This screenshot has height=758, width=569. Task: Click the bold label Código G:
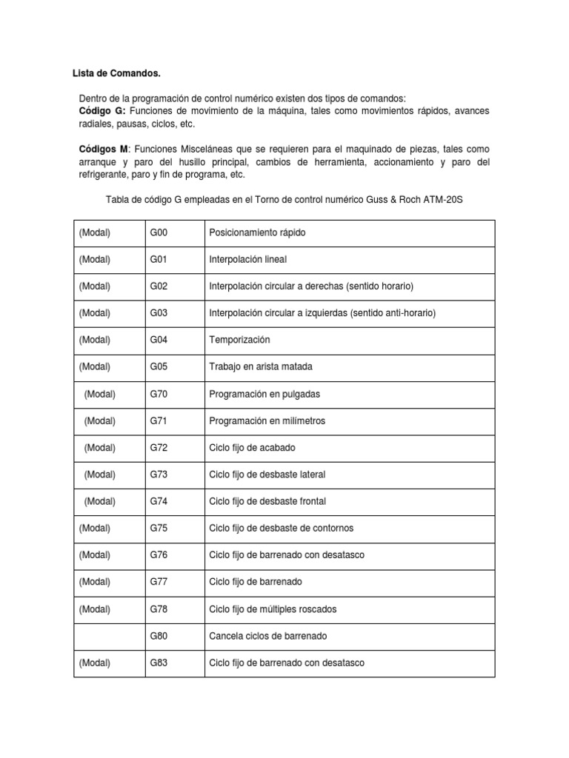click(x=102, y=110)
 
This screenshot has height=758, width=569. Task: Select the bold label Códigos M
click(x=104, y=149)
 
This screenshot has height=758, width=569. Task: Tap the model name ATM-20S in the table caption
click(x=442, y=199)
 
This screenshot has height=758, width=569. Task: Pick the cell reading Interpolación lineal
click(x=247, y=259)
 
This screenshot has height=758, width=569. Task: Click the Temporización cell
click(x=239, y=340)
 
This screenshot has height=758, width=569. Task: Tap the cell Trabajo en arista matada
click(x=261, y=366)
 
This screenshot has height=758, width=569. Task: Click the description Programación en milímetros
click(x=267, y=420)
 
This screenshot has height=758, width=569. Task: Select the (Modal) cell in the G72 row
click(x=100, y=447)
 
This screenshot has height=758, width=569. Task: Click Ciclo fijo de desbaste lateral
click(x=267, y=474)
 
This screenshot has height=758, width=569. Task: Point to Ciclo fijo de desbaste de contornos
click(x=282, y=528)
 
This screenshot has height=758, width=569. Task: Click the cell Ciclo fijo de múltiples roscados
click(x=273, y=609)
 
